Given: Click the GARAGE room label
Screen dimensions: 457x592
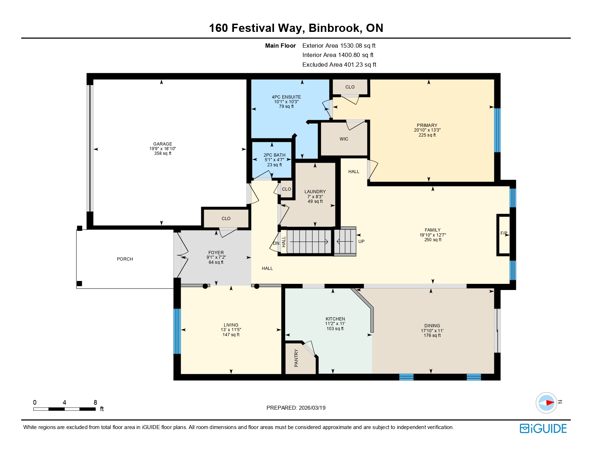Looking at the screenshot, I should click(x=163, y=144).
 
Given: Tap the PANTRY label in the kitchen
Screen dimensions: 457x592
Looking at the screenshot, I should click(x=296, y=358).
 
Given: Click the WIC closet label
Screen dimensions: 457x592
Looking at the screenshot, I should click(x=344, y=139).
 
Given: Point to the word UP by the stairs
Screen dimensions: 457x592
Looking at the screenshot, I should click(x=361, y=242).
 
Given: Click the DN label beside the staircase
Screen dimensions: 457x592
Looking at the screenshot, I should click(x=276, y=243).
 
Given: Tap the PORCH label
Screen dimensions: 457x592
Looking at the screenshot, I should click(x=125, y=259).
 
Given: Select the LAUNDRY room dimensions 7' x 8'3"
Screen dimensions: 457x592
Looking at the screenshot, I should click(x=315, y=197).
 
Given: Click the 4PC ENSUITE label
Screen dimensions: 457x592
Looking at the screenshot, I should click(x=286, y=97).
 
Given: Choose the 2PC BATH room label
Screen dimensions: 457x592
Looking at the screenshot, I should click(x=274, y=155).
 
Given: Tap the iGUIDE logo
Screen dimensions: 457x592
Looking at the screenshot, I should click(x=543, y=429).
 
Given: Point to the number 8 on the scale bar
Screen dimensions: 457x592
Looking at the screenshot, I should click(x=95, y=403).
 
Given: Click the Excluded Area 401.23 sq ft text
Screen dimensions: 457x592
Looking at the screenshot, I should click(x=339, y=65).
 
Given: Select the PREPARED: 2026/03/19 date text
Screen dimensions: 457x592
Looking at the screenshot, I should click(x=296, y=408).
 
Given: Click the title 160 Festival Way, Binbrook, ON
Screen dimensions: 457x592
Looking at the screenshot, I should click(x=296, y=28).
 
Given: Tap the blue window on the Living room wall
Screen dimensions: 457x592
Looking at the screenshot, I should click(x=177, y=331).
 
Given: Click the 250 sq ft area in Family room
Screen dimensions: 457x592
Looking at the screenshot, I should click(x=433, y=240).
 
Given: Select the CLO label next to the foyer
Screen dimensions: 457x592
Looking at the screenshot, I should click(x=226, y=218).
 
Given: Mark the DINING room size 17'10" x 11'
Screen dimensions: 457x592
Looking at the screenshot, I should click(x=432, y=331).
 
